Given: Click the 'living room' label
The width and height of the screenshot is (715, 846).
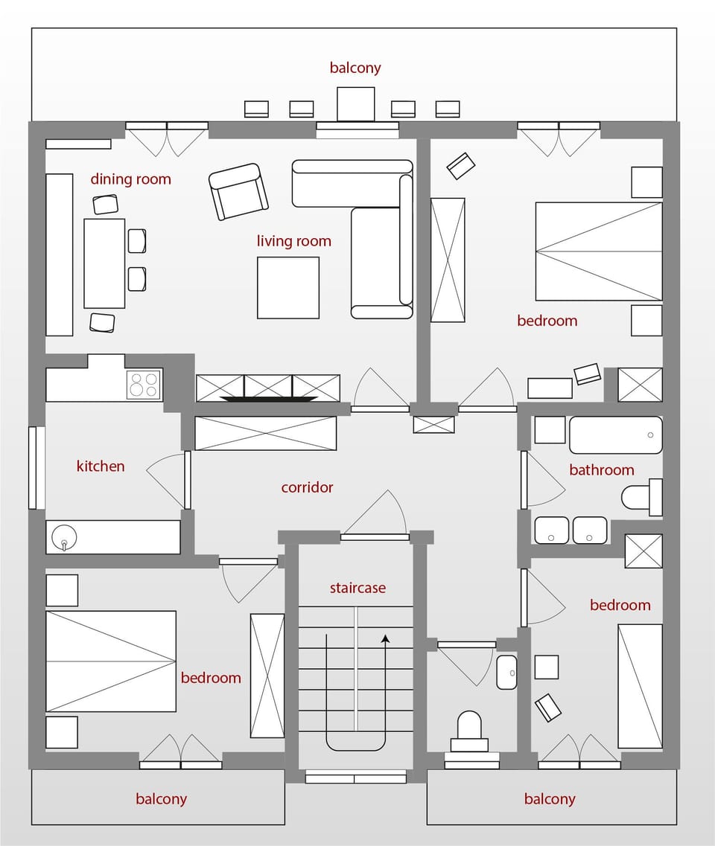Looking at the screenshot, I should click(x=293, y=241).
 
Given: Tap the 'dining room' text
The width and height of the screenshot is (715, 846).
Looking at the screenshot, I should click(x=130, y=179).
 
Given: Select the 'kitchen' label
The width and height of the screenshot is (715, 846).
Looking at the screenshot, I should click(x=101, y=467).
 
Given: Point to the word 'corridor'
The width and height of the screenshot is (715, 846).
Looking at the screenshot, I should click(x=307, y=488).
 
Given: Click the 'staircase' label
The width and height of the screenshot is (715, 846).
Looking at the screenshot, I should click(x=357, y=588).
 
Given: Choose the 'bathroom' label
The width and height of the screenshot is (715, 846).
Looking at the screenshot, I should click(x=601, y=470).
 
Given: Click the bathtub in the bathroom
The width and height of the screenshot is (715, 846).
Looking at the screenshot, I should click(x=615, y=435).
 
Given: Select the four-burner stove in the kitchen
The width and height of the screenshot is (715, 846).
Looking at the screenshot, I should click(x=144, y=385).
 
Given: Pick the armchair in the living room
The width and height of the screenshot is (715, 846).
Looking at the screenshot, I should click(x=238, y=191).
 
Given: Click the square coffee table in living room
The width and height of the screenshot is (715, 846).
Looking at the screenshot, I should click(x=288, y=288).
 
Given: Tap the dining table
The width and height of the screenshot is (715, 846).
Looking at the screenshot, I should click(x=104, y=263).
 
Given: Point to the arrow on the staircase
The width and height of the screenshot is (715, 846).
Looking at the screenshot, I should click(x=385, y=638).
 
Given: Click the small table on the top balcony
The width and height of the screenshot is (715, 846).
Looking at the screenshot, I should click(x=355, y=103).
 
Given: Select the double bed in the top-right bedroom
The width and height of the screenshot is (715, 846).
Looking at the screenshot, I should click(x=599, y=251).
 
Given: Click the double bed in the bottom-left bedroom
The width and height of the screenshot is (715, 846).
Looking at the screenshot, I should click(x=111, y=661).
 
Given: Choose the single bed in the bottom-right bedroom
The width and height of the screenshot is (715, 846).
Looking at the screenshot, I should click(x=640, y=686).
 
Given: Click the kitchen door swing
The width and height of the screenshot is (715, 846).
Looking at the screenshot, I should click(x=168, y=480).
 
